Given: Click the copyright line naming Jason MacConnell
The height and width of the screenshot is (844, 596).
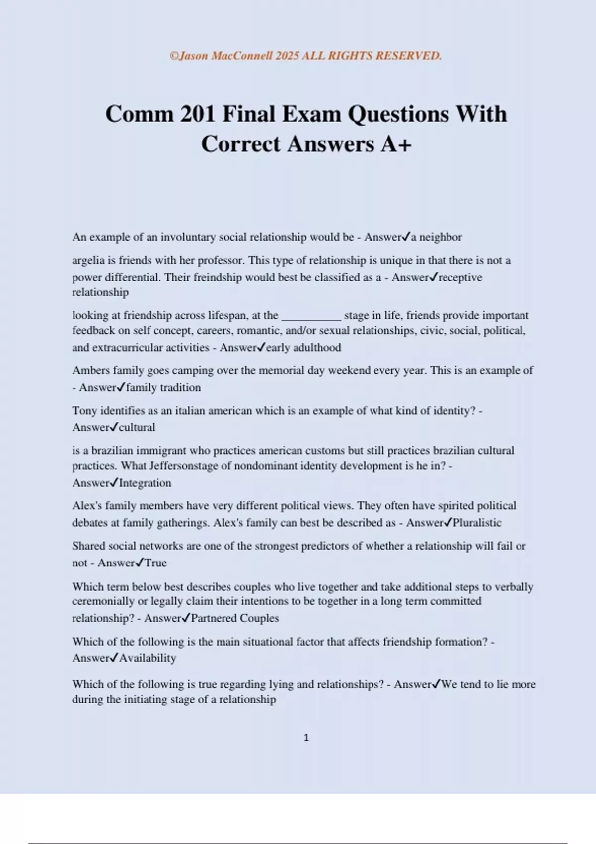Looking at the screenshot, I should point(305,56).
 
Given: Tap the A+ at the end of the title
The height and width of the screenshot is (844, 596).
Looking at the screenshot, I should point(396,144).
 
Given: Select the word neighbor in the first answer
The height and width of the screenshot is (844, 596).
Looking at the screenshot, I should point(441,237).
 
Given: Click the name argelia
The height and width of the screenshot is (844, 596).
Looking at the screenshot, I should point(88,260).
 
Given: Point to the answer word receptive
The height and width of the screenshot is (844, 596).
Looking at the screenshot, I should point(460,277).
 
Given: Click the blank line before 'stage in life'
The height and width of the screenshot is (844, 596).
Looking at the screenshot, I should point(311,316).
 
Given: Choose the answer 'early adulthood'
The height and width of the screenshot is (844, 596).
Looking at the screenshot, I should point(303,348).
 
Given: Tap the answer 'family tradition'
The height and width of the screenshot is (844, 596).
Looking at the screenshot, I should point(163,388).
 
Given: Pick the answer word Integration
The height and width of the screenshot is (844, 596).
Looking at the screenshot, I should point(145,483).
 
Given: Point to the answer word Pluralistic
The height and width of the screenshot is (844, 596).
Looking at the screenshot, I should point(477,523).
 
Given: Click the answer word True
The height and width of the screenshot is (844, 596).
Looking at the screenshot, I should point(155,563).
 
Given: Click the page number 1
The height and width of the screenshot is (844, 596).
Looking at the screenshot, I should point(306,738).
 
